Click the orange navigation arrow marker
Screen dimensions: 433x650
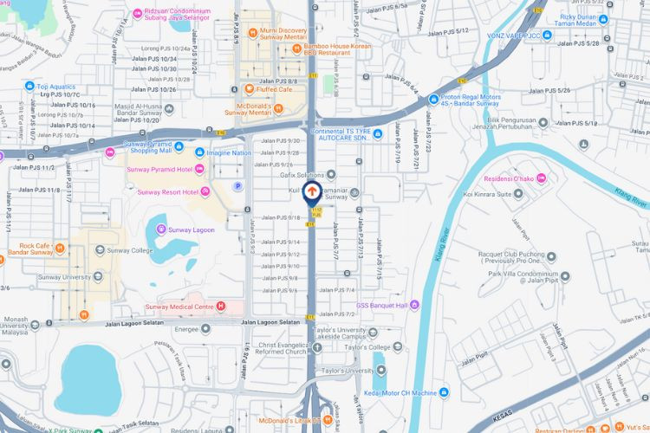(313, 191)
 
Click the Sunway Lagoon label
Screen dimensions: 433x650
(192, 229)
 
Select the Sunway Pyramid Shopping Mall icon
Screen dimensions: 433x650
(110, 152)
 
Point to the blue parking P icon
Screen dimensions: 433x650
(237, 185)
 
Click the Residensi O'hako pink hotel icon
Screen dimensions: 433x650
(542, 178)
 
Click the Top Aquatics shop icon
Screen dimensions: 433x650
(30, 87)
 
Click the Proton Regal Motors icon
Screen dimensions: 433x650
(432, 100)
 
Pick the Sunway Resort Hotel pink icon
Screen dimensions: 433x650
(205, 191)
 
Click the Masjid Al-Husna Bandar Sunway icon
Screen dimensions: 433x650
(168, 110)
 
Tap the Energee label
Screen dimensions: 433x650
(187, 329)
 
